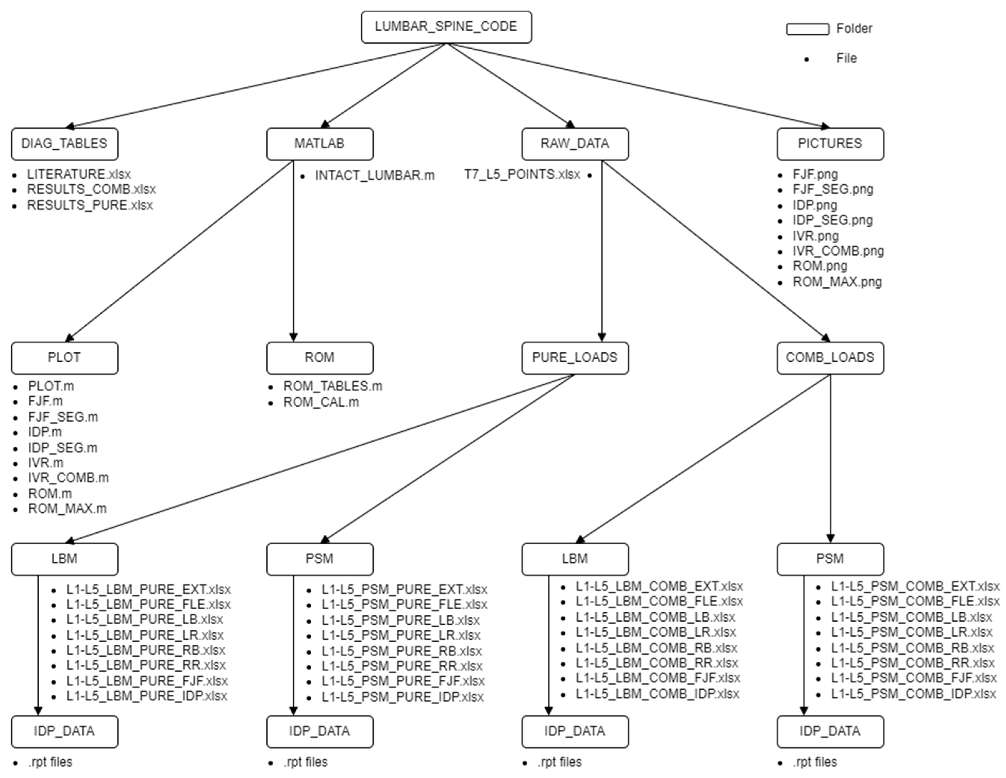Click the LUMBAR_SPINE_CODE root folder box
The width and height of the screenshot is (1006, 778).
[x=446, y=27]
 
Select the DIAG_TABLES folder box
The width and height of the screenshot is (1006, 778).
[x=65, y=144]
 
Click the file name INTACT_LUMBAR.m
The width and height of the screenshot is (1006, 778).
[x=375, y=176]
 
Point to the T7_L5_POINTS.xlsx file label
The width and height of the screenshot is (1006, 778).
[x=522, y=175]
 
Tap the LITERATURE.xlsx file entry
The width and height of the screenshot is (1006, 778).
[x=79, y=174]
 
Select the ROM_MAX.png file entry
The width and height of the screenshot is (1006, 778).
[x=837, y=281]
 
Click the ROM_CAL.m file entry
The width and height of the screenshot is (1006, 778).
[x=321, y=402]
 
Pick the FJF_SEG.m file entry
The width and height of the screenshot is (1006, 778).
[x=63, y=417]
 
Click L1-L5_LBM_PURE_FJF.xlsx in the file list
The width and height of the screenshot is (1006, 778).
[x=147, y=680]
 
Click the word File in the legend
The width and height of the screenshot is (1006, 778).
[x=846, y=59]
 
